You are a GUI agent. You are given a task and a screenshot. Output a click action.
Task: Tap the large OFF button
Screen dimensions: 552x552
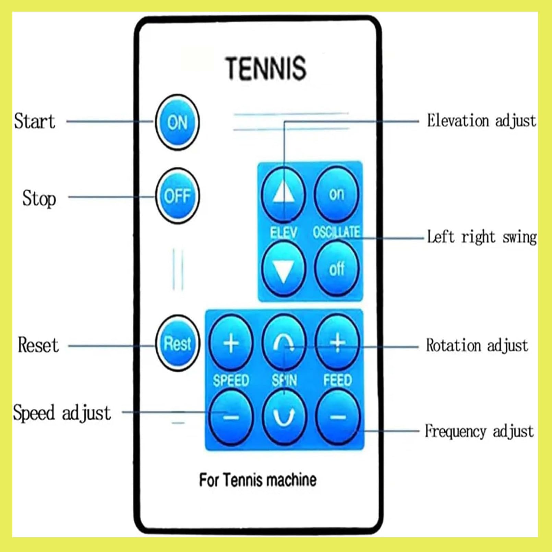pyautogui.click(x=177, y=196)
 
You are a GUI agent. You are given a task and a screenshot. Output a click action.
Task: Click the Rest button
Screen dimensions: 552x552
pyautogui.click(x=177, y=343)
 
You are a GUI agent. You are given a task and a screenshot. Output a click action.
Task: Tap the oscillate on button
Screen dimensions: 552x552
pyautogui.click(x=336, y=194)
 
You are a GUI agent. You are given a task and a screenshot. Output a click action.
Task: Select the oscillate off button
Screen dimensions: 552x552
pyautogui.click(x=336, y=268)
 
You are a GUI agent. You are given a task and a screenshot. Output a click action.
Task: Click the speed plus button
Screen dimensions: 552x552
pyautogui.click(x=231, y=343)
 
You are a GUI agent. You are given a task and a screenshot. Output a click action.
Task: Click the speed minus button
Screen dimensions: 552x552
pyautogui.click(x=231, y=417)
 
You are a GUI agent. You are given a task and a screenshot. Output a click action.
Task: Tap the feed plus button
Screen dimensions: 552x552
pyautogui.click(x=338, y=343)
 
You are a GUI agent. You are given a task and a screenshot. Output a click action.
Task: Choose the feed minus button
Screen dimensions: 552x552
pyautogui.click(x=338, y=417)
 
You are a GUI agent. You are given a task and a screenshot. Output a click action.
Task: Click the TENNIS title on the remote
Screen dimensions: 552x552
pyautogui.click(x=266, y=68)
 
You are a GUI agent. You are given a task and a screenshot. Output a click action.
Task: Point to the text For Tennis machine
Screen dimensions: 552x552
pyautogui.click(x=258, y=480)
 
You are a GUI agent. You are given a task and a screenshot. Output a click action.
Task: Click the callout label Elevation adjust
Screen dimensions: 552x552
pyautogui.click(x=481, y=121)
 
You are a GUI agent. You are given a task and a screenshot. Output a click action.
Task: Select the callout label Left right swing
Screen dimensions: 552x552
pyautogui.click(x=482, y=237)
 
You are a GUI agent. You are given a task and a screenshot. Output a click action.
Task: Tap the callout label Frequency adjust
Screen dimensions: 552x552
pyautogui.click(x=479, y=431)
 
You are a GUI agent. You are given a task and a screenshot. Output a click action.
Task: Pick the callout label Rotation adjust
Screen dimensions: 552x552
pyautogui.click(x=477, y=345)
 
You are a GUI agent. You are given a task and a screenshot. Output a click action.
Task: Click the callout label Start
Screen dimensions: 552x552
pyautogui.click(x=35, y=121)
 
